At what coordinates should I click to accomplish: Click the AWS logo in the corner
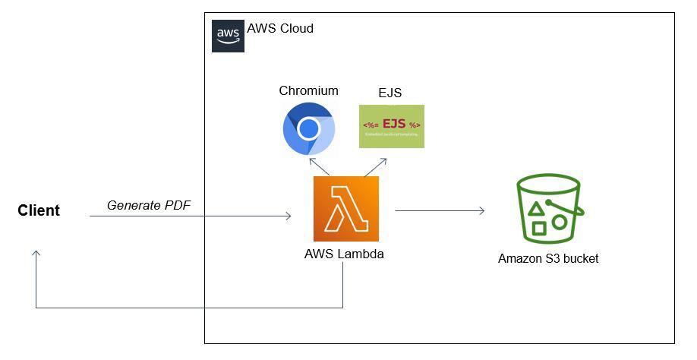click(x=228, y=36)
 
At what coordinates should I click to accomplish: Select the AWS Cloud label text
click(x=280, y=29)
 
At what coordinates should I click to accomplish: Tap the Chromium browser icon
click(x=308, y=130)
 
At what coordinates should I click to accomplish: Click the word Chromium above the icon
click(x=308, y=90)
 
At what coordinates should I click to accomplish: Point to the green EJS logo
click(x=391, y=126)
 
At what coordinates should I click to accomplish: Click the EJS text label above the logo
click(x=390, y=93)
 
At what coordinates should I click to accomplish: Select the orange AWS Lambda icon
click(x=345, y=209)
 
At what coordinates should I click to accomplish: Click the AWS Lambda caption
click(x=344, y=254)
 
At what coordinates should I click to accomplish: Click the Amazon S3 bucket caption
click(x=548, y=259)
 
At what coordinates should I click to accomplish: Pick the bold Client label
click(x=39, y=211)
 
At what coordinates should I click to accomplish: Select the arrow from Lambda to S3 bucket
click(x=440, y=210)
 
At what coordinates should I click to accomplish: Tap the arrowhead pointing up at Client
click(x=36, y=253)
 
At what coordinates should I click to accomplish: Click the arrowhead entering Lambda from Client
click(x=288, y=216)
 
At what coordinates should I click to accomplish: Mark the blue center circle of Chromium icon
click(x=308, y=130)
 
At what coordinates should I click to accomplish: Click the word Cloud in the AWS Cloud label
click(x=296, y=29)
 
